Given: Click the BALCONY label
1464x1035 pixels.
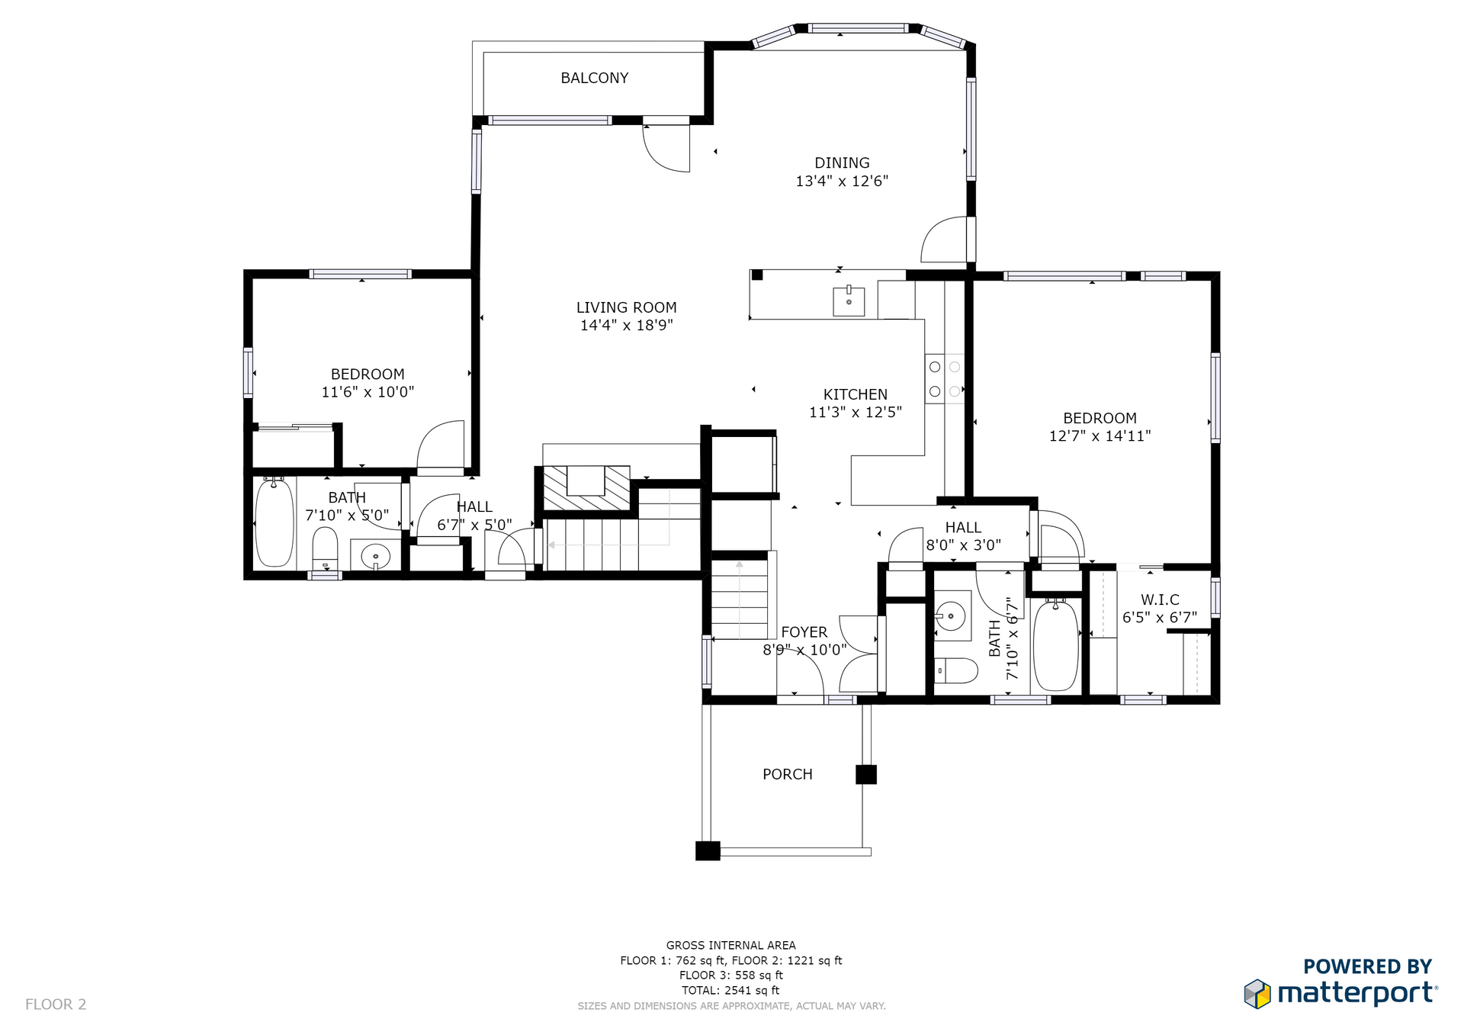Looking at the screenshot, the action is (594, 78).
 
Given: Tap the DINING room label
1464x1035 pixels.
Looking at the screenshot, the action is (842, 162).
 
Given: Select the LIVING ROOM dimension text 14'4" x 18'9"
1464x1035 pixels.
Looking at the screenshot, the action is (626, 326).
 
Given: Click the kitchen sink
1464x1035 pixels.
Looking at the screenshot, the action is (849, 301).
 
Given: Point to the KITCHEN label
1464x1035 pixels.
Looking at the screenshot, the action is (855, 394).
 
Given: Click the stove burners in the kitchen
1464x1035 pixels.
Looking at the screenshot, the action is (945, 379).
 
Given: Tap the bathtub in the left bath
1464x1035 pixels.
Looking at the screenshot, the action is (274, 522).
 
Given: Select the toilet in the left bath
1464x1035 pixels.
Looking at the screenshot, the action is (325, 548).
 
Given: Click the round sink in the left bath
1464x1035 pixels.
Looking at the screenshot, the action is (375, 556).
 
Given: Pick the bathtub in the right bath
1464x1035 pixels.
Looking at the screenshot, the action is (1055, 645).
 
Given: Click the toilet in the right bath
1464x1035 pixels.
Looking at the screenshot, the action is (956, 671).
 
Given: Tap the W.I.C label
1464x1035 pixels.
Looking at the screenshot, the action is (1160, 600).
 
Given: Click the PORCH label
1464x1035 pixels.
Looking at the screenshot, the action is (788, 774).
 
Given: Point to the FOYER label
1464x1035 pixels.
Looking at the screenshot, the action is (804, 632).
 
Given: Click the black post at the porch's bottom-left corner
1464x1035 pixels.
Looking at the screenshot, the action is (708, 850).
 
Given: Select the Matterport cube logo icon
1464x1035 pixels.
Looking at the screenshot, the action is (1257, 994).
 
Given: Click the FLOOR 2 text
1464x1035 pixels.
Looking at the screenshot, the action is (56, 1004).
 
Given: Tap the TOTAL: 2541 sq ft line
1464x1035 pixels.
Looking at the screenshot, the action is (730, 990).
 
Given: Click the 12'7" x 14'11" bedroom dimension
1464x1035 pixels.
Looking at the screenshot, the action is (1100, 436).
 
